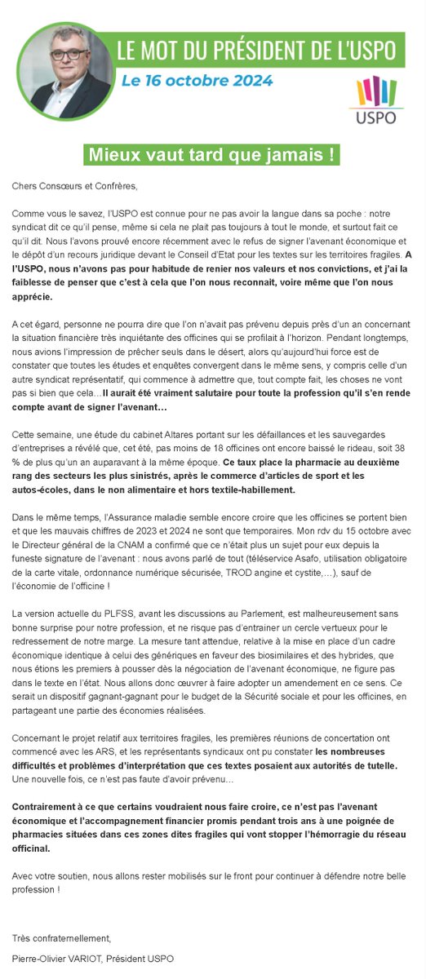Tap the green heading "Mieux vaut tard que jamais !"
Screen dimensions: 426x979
click(213, 154)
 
